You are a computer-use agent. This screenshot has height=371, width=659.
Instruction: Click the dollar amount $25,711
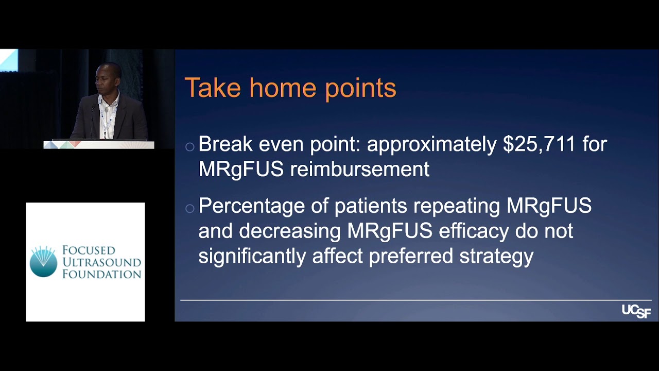pos(539,145)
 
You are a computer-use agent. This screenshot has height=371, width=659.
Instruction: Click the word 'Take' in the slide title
pos(212,88)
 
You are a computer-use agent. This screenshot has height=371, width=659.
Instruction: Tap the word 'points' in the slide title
pos(360,89)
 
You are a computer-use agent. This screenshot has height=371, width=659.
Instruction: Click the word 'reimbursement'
pos(359,170)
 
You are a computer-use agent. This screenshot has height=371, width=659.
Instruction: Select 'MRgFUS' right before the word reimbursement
pos(240,170)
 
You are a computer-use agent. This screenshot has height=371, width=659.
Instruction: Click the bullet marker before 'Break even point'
pos(189,147)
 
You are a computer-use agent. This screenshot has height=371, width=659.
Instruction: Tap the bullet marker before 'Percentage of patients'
pos(189,209)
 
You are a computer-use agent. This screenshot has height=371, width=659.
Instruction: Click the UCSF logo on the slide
pos(636,311)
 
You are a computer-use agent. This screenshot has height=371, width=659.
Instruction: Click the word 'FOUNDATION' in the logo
pos(101,274)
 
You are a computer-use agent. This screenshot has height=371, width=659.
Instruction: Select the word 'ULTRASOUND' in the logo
pos(101,262)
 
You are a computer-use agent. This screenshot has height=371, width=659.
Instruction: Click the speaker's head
pos(108,77)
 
